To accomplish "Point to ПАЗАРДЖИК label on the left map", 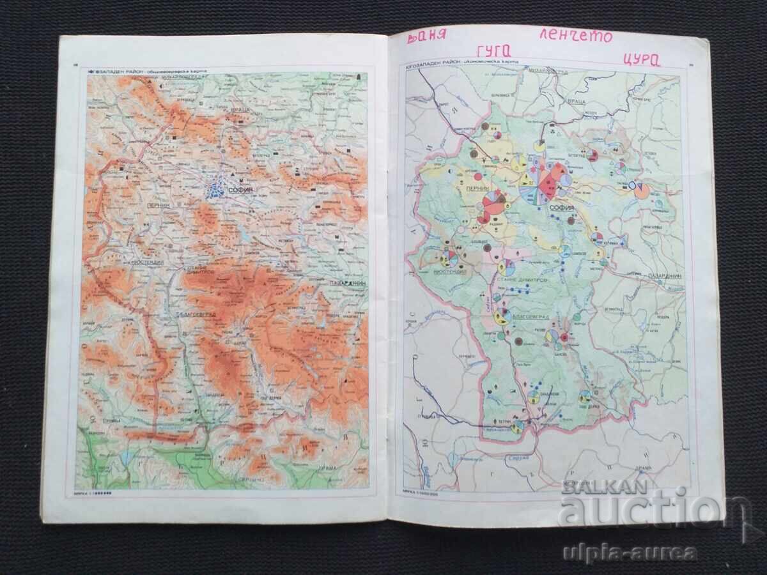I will [x=350, y=283].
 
